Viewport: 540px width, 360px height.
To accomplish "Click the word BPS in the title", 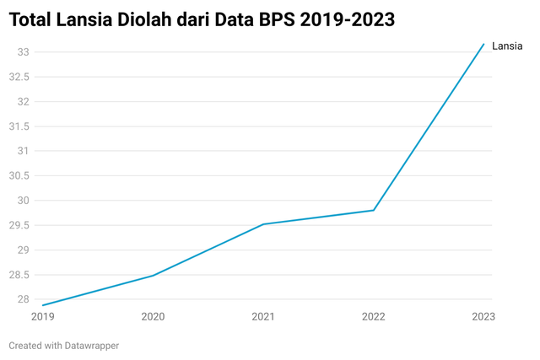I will tap(275, 19).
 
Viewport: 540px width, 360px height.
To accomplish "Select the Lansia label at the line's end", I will tap(508, 46).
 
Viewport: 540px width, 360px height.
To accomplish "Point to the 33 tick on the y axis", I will tap(23, 52).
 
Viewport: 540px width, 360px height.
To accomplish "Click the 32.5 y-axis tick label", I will tap(19, 77).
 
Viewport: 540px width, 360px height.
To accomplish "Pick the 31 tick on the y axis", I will tap(23, 151).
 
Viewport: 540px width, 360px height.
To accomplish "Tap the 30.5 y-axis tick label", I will tap(19, 176).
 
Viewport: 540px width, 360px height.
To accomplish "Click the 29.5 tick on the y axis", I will tap(19, 225).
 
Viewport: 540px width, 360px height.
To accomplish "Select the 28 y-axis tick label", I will tap(23, 299).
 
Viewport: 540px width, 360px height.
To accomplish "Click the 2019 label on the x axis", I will tap(42, 316).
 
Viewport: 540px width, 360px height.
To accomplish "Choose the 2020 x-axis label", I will tap(153, 316).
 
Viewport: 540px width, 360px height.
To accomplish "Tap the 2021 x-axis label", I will tap(263, 316).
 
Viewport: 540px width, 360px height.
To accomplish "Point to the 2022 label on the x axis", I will tap(374, 316).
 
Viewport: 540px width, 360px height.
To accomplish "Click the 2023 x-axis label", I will tap(483, 316).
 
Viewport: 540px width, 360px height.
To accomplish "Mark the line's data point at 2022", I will tap(374, 210).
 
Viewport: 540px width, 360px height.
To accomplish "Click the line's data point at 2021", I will tap(263, 224).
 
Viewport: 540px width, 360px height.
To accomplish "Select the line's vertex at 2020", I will tap(153, 276).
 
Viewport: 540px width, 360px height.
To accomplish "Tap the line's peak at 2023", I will tap(483, 44).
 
